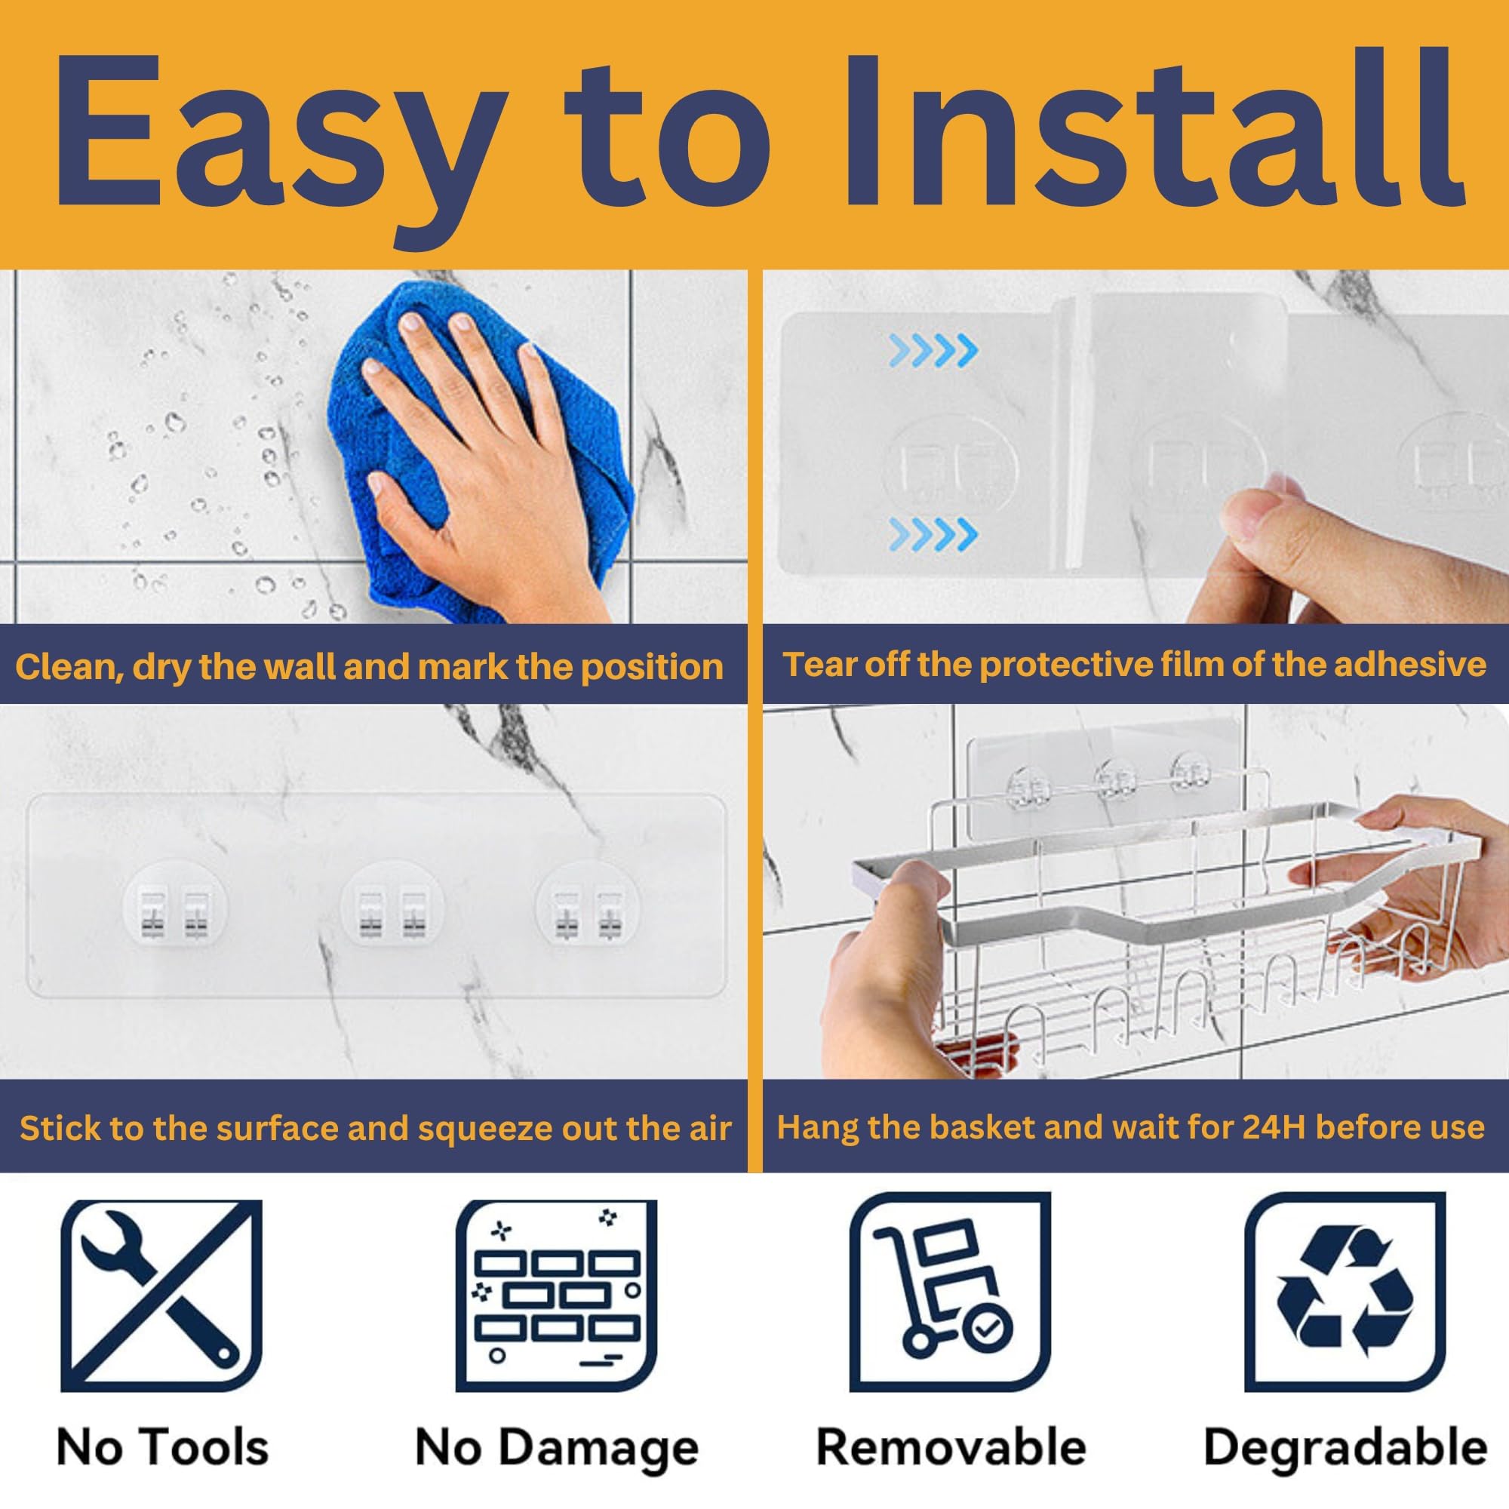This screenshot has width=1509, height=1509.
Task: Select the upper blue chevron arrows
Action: (933, 350)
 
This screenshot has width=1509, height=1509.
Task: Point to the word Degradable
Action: (1345, 1448)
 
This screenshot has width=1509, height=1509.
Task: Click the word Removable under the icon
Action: (951, 1446)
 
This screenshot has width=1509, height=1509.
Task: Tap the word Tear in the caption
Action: (816, 665)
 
